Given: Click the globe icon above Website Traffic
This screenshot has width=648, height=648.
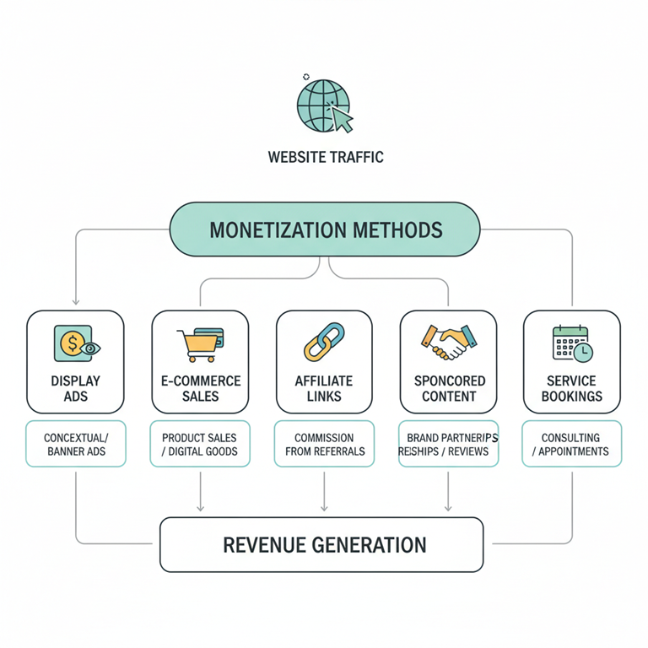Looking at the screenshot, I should pyautogui.click(x=323, y=105).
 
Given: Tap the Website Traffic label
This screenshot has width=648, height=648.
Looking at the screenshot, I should pyautogui.click(x=325, y=157).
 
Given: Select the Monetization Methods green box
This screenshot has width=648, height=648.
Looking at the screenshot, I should pyautogui.click(x=325, y=229).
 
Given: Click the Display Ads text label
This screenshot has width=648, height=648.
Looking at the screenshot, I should pyautogui.click(x=76, y=388).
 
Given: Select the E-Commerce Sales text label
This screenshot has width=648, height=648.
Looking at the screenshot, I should pyautogui.click(x=201, y=388).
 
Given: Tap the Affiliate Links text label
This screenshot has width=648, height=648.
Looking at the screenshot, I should pyautogui.click(x=324, y=388).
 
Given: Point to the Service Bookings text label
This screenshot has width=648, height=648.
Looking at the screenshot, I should pyautogui.click(x=572, y=388).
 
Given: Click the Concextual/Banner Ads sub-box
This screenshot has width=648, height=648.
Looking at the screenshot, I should pyautogui.click(x=76, y=444).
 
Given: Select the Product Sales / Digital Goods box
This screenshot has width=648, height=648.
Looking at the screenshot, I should pyautogui.click(x=200, y=444).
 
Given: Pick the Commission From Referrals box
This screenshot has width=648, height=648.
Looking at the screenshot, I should pyautogui.click(x=324, y=444).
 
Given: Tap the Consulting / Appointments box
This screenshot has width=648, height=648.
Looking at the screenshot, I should pyautogui.click(x=572, y=444).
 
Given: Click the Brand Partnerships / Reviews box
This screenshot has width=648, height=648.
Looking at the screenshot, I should pyautogui.click(x=448, y=444).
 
